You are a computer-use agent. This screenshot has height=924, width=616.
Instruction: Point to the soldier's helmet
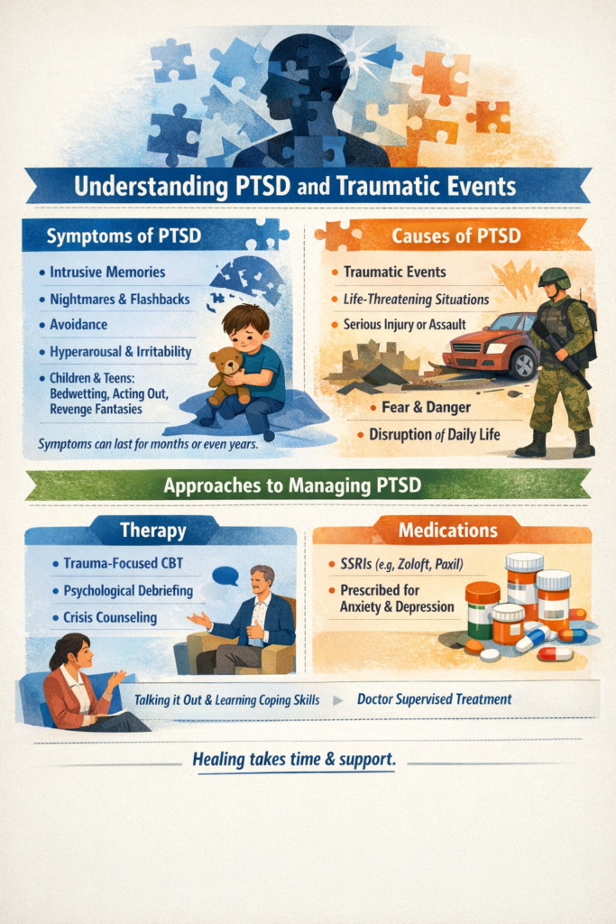coord(554,277)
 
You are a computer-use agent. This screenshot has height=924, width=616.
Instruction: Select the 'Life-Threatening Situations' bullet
coord(417,299)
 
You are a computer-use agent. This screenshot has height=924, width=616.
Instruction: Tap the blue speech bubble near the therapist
coord(224,576)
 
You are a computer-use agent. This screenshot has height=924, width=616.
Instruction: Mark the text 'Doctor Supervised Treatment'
coord(434,698)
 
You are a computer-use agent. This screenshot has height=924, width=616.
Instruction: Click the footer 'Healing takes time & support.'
coord(294,760)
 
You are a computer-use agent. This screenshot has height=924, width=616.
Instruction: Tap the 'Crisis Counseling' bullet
coord(110,618)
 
